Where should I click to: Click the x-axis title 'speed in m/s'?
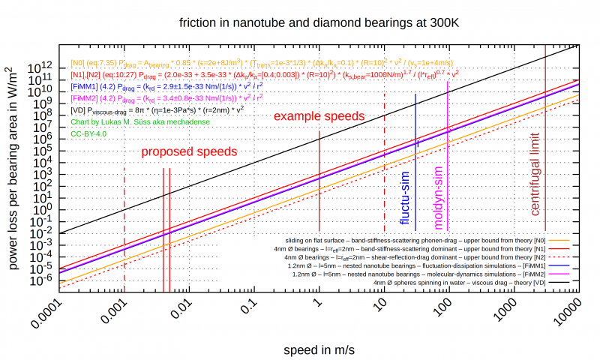point(318,349)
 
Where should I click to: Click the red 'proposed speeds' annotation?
point(190,151)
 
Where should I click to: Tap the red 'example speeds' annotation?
point(319,117)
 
